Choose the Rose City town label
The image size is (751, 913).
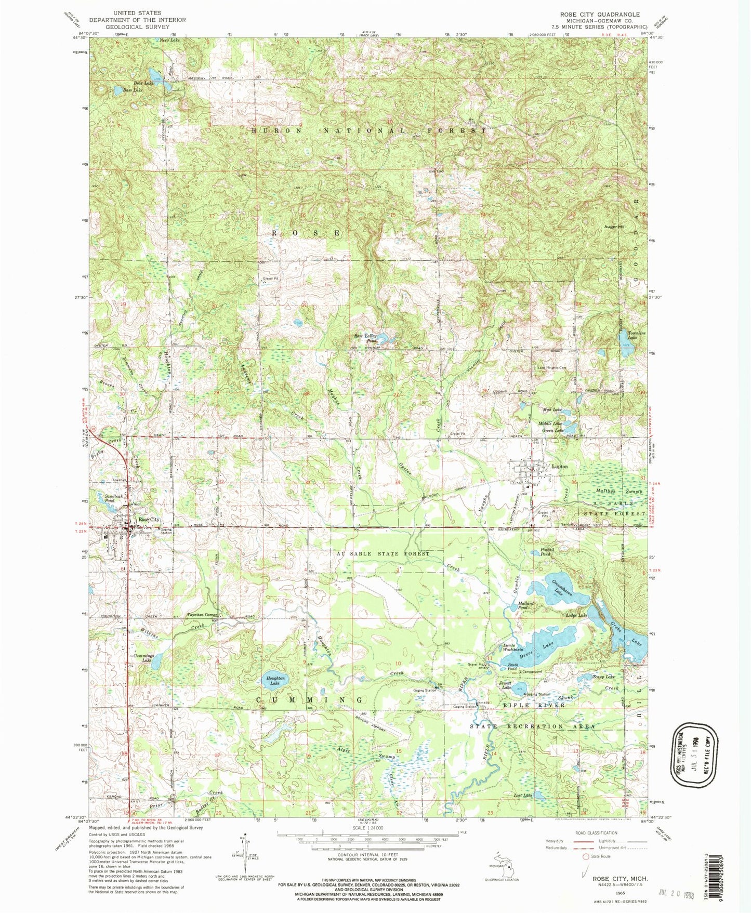pos(148,520)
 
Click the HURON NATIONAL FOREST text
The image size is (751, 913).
pos(369,131)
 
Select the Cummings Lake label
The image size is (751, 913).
pos(143,657)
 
